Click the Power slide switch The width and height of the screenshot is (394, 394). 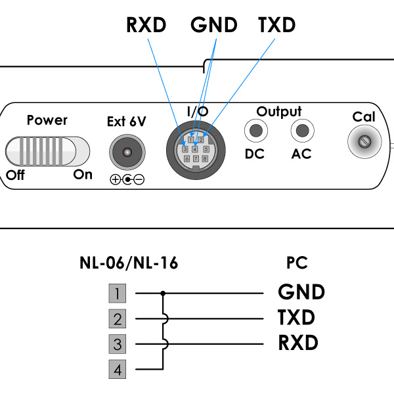point(47,152)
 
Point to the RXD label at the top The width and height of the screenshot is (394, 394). point(146,26)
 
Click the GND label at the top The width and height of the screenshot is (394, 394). point(214,26)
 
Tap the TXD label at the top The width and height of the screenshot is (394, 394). point(277,26)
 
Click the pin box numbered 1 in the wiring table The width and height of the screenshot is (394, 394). point(117,293)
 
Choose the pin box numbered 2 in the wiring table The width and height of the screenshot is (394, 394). point(117,319)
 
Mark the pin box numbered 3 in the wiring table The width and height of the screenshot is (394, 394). point(117,345)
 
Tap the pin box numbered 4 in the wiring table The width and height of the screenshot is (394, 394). point(117,370)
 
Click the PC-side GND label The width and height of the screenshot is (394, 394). point(301,292)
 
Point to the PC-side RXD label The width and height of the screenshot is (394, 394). point(298,343)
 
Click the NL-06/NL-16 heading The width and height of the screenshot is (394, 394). point(129,263)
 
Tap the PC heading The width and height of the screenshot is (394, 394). point(297,263)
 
